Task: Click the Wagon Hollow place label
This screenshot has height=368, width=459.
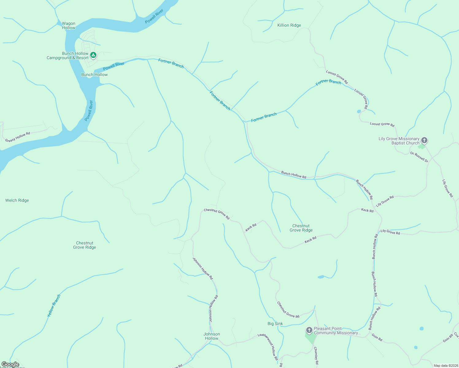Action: point(68,25)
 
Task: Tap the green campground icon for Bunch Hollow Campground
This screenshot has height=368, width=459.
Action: point(94,56)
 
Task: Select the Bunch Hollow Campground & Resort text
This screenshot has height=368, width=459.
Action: point(67,56)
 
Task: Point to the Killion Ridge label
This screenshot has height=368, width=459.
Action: point(289,25)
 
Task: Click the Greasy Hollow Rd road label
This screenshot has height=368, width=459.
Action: point(18,137)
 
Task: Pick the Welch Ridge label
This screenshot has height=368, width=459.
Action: point(17,200)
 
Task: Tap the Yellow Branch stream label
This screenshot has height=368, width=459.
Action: point(54,306)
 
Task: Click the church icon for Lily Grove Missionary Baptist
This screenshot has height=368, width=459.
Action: point(424,140)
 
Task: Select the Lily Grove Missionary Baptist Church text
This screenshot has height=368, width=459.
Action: point(399,141)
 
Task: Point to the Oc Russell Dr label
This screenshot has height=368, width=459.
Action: point(419,157)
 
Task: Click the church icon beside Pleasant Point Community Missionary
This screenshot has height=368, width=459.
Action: point(309,330)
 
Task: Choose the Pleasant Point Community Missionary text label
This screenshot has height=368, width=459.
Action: point(337,331)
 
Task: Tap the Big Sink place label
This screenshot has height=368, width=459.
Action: point(275,324)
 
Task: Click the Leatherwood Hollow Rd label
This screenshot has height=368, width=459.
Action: point(268,347)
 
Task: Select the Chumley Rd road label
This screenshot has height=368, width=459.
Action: point(316,356)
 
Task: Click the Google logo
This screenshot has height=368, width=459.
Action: point(10,364)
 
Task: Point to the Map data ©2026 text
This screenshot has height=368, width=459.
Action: point(446,366)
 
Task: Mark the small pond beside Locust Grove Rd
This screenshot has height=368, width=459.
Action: point(359,111)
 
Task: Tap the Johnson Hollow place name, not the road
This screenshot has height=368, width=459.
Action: point(212,336)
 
